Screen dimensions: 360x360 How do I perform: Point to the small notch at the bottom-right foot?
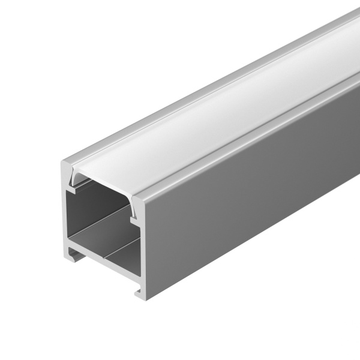click(139, 293)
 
